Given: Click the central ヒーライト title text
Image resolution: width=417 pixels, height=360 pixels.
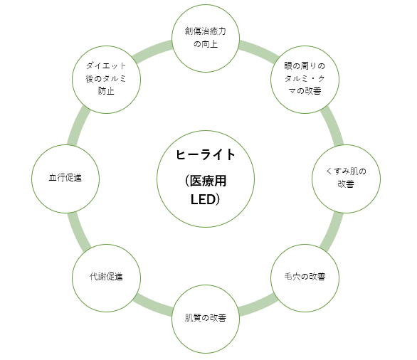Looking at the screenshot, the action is click(x=206, y=154).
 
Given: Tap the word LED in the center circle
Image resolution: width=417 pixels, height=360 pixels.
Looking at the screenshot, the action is click(x=203, y=200).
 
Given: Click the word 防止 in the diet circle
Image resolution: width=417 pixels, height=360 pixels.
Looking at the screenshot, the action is click(x=106, y=91).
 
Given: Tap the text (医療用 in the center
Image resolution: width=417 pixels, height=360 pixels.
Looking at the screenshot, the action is click(x=206, y=181).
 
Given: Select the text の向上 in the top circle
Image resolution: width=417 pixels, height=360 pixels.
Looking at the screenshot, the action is click(x=206, y=44).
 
